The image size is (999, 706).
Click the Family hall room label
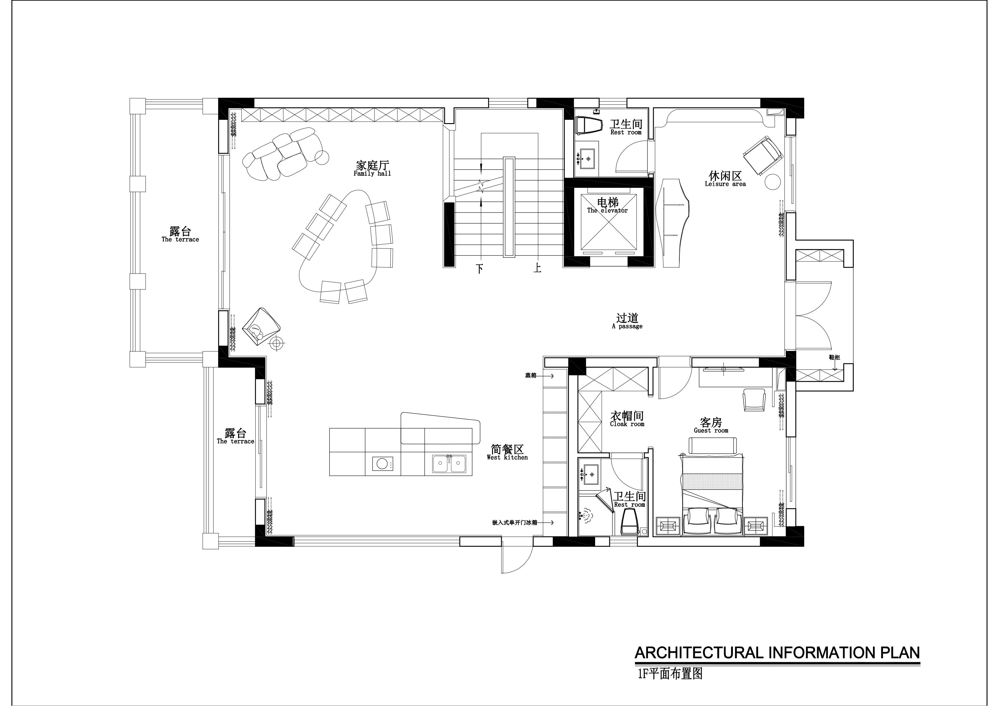(372, 169)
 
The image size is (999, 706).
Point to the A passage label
(627, 322)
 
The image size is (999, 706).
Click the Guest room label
(711, 426)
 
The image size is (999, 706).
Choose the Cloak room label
(627, 419)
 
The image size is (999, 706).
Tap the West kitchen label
(507, 452)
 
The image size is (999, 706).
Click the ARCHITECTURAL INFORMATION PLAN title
(777, 665)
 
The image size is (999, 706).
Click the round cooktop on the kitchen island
(382, 463)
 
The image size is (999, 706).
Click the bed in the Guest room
(712, 495)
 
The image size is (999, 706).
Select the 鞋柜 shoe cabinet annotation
(834, 358)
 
